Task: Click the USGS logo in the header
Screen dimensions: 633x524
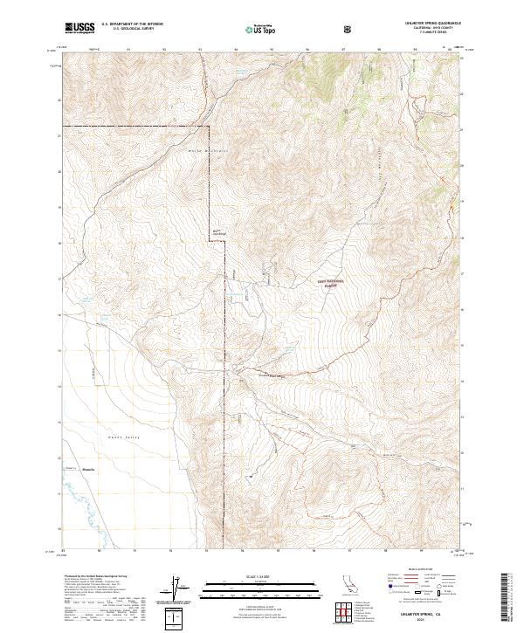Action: click(79, 28)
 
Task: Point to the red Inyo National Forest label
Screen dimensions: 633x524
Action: click(330, 283)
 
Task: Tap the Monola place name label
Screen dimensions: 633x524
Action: click(86, 470)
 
